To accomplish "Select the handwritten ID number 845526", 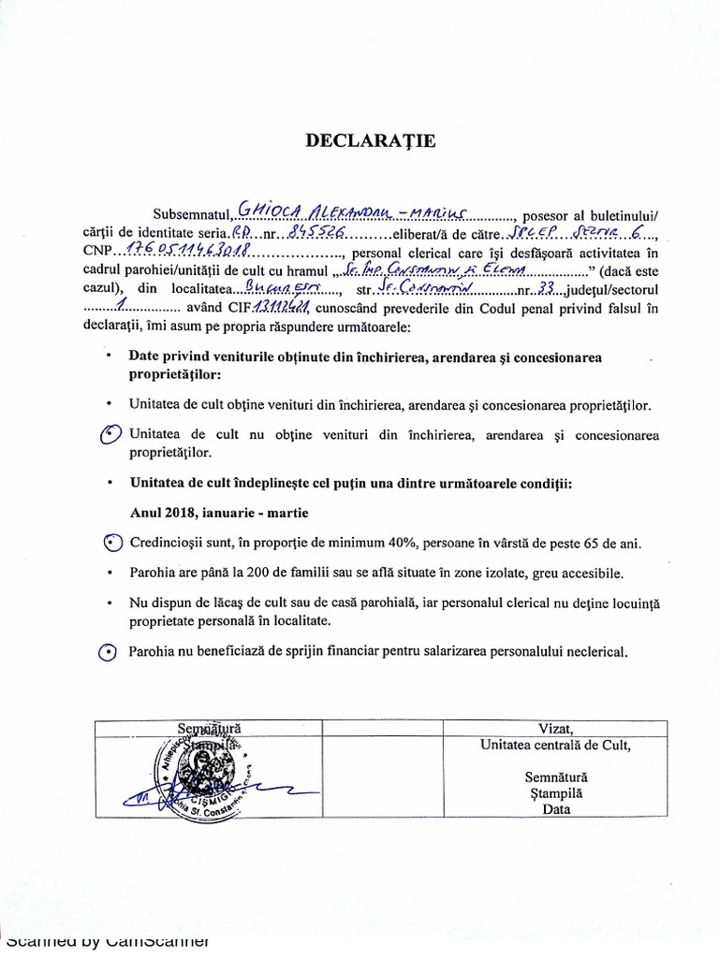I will (318, 229).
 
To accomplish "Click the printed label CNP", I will (97, 251).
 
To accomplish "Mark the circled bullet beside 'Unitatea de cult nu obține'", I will (110, 436).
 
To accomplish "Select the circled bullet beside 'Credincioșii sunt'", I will (110, 544).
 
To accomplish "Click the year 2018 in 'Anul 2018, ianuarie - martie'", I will (178, 514).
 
